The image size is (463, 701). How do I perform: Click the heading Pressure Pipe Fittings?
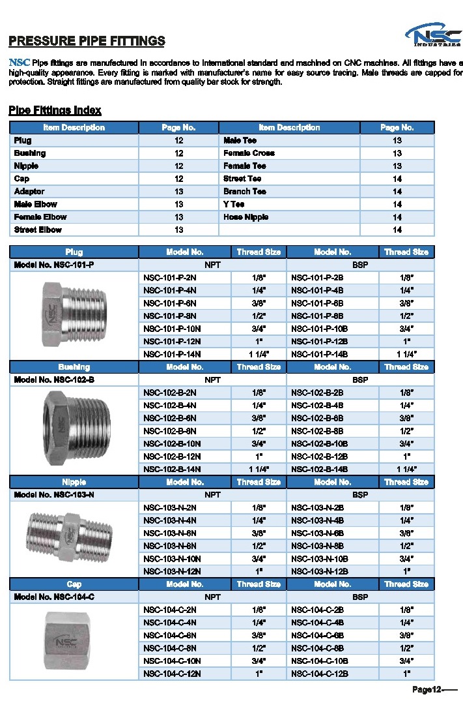click(x=87, y=41)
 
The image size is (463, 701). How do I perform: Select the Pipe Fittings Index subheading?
click(x=55, y=110)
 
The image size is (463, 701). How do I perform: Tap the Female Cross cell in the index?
click(x=249, y=153)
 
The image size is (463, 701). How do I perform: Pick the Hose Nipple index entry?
click(x=246, y=217)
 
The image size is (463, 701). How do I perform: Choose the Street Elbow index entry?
click(x=38, y=230)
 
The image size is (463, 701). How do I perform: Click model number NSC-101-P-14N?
click(x=172, y=354)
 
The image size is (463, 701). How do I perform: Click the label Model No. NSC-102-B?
click(x=54, y=380)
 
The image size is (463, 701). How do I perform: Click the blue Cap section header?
click(x=74, y=584)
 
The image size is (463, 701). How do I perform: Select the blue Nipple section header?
click(x=74, y=482)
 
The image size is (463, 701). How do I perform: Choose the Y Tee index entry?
click(x=234, y=204)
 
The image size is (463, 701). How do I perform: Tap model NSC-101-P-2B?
click(x=317, y=278)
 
